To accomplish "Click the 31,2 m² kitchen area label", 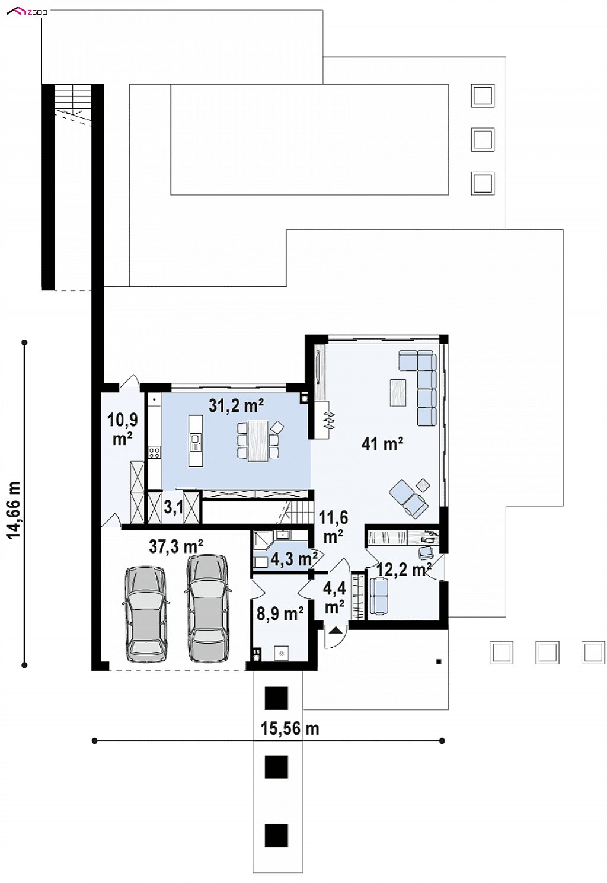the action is pos(236,405).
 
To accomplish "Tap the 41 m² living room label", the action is pos(382,444).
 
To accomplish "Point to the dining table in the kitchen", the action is pos(258,440).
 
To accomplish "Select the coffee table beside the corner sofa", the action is pos(399,392).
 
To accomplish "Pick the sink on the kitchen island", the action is pos(195,442).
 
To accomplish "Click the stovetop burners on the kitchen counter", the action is pos(154,452).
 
